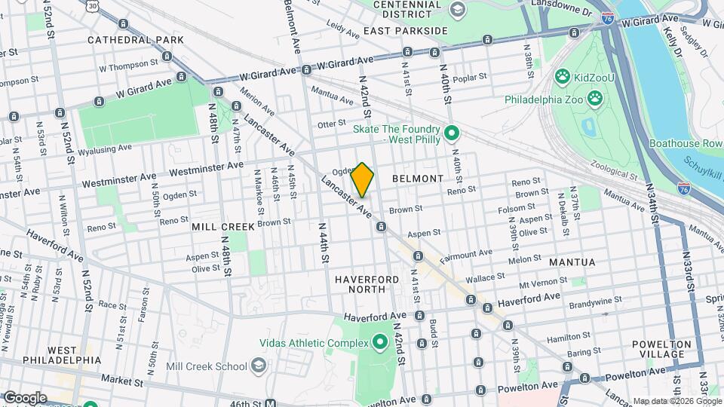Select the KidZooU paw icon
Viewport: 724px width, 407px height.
562,75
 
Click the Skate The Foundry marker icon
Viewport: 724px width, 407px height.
452,134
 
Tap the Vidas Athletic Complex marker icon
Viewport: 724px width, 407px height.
379,343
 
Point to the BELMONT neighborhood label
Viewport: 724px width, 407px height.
418,179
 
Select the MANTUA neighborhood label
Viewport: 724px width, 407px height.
572,262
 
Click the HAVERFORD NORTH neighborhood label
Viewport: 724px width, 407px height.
367,285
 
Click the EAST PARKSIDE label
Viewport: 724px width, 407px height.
405,31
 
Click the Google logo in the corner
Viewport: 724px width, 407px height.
24,397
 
